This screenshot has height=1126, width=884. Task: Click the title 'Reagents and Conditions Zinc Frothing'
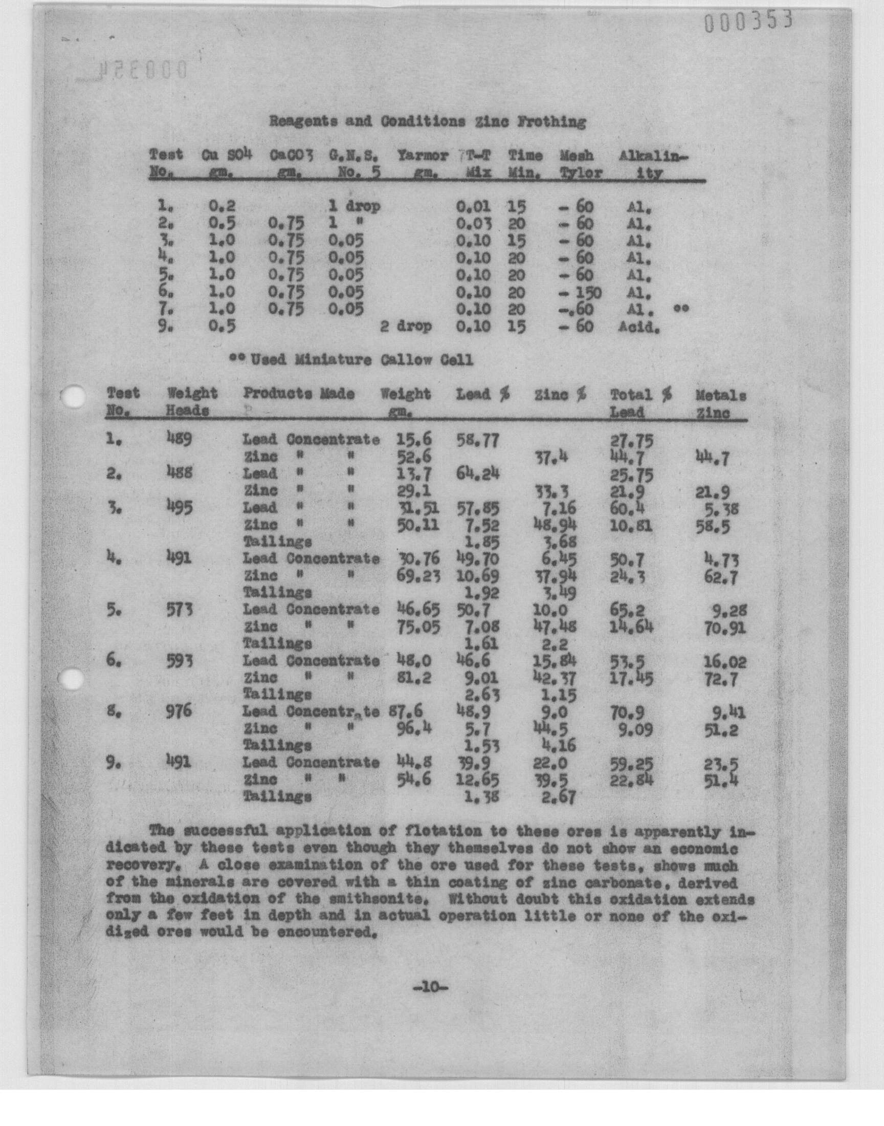click(x=427, y=122)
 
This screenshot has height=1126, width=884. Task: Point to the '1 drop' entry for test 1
click(x=355, y=207)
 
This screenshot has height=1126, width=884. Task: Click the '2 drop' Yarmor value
click(x=406, y=327)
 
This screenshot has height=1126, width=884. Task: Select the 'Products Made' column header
click(x=299, y=394)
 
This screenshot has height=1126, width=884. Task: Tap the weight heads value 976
click(x=179, y=711)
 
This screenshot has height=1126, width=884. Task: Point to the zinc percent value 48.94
click(x=555, y=525)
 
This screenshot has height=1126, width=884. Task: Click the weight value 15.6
click(x=413, y=440)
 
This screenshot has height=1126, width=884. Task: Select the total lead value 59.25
click(x=631, y=763)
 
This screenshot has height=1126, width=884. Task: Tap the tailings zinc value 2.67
click(x=559, y=797)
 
